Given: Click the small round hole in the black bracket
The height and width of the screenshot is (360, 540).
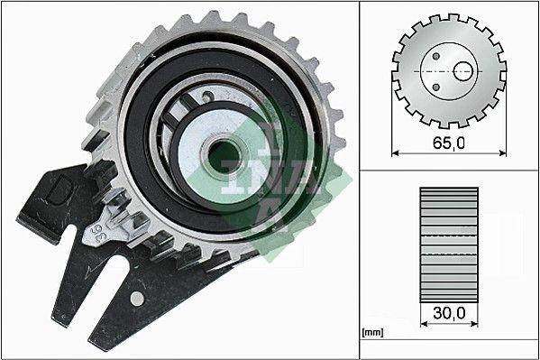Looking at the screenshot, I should point(136,297).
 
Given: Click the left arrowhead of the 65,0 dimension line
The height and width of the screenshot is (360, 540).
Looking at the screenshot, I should point(396,152).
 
